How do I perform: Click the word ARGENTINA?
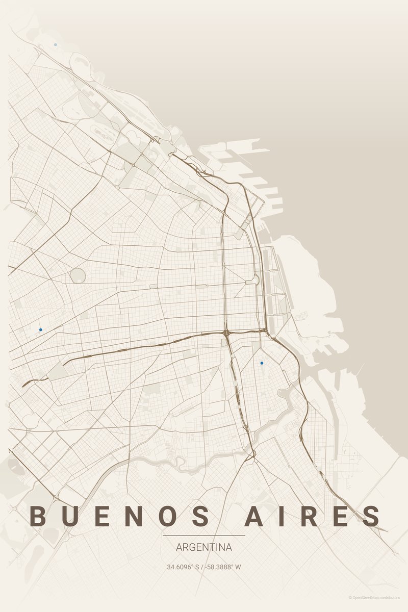click(204, 548)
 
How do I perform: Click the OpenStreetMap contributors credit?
click(375, 597)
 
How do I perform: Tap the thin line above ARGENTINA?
click(204, 535)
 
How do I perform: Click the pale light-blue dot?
click(56, 45)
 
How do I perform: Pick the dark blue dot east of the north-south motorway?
click(262, 363)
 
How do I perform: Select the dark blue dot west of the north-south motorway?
click(40, 330)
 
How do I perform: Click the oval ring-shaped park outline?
click(78, 276)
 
